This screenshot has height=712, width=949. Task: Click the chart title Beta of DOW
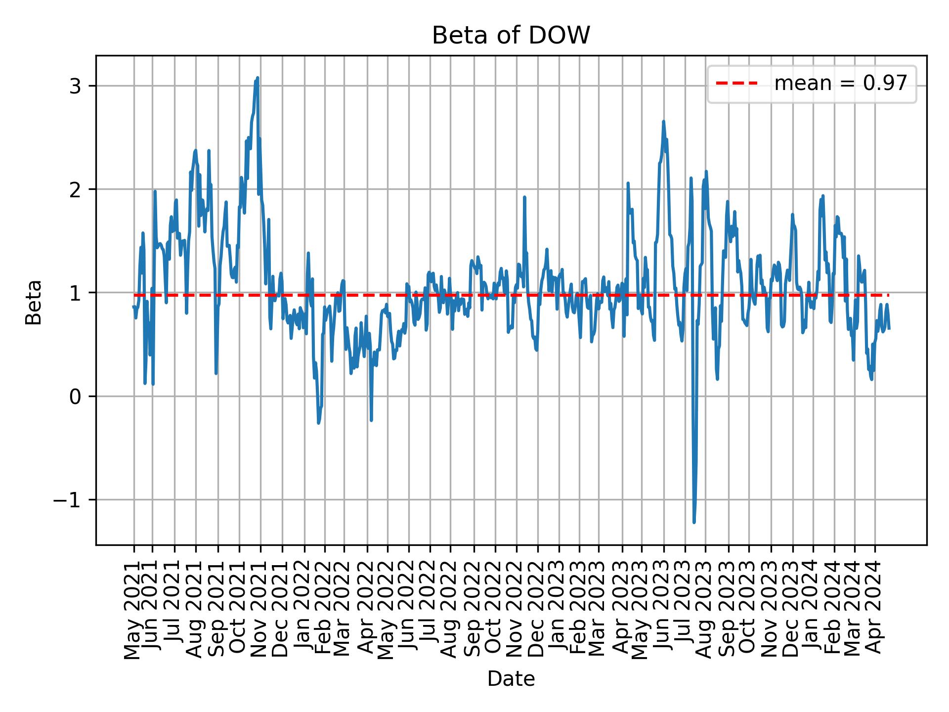pos(511,36)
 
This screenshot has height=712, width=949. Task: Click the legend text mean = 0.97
pos(840,84)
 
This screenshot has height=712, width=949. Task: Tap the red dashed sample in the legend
pos(737,84)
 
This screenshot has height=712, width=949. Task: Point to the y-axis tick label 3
pos(75,86)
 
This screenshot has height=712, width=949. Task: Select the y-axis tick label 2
pos(75,189)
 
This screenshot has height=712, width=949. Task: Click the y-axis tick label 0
pos(75,397)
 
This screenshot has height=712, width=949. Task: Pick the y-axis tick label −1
pos(68,500)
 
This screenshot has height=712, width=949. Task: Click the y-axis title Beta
pos(34,302)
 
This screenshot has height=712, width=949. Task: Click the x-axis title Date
pos(511,679)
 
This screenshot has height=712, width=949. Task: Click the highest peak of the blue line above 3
pos(258,78)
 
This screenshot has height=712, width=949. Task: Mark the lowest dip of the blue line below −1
pos(694,522)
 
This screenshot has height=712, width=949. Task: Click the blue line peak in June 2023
pos(663,121)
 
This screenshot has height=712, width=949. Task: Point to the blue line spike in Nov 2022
pos(524,197)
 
